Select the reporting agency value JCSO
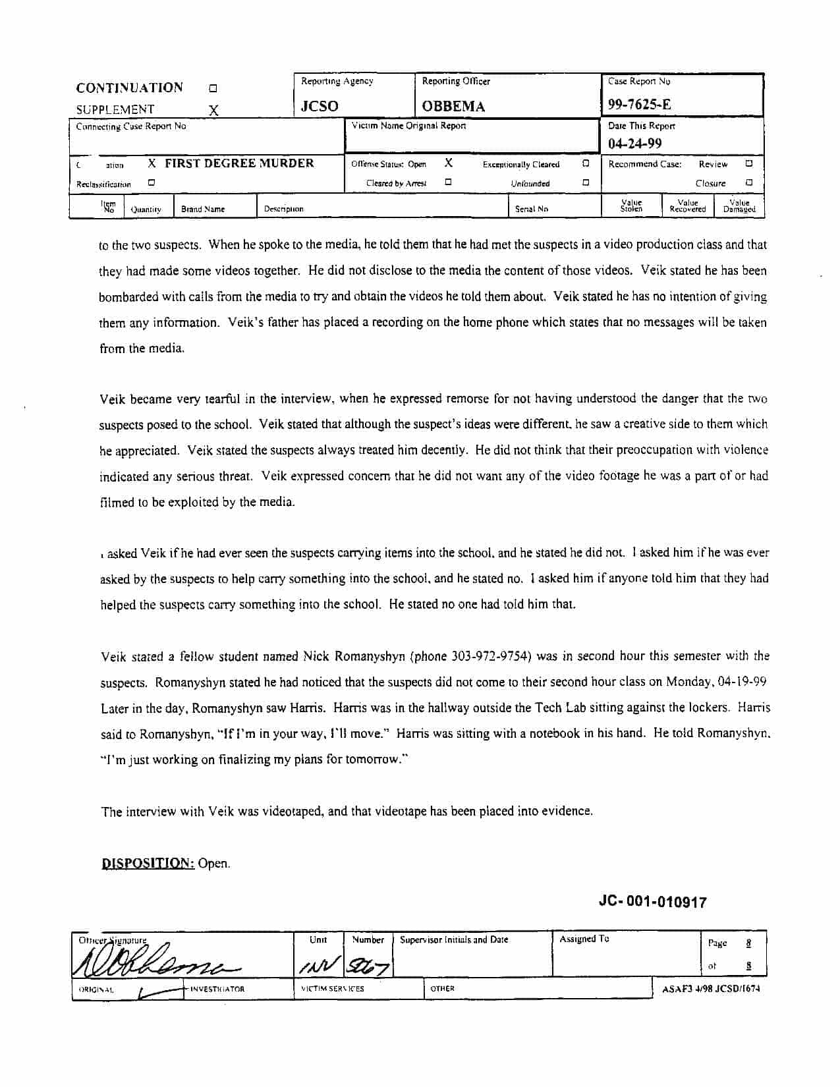(320, 107)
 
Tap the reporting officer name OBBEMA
(453, 107)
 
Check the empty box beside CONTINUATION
(213, 88)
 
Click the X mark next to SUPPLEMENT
(213, 111)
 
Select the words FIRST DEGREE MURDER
(239, 163)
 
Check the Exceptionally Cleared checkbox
(586, 163)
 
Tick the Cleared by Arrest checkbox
(448, 182)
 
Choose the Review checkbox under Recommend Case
(749, 163)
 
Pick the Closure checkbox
(749, 182)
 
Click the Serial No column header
(531, 209)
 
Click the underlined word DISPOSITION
(148, 863)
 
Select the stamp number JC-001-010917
(652, 902)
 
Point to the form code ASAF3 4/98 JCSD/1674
(711, 989)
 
